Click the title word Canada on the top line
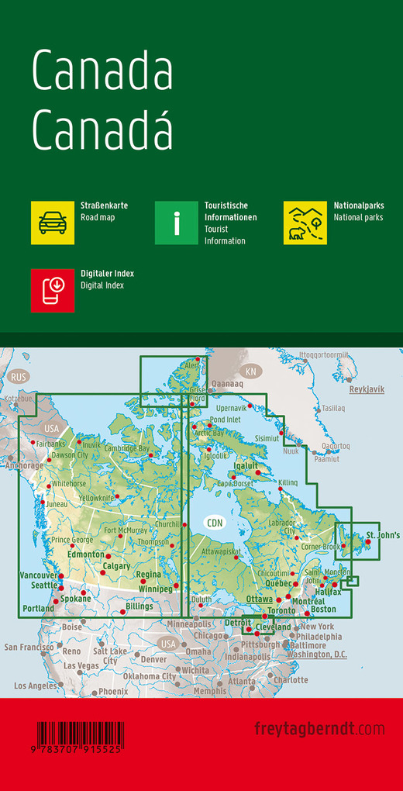[x=102, y=73]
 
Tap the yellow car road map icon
[x=53, y=223]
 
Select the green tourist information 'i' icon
[x=177, y=223]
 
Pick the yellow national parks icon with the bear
[x=305, y=223]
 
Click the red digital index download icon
[x=53, y=290]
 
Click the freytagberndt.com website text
[x=319, y=728]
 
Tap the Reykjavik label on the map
[x=367, y=389]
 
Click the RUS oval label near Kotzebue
[x=18, y=377]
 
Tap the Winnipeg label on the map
[x=154, y=589]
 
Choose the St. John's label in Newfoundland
[x=383, y=535]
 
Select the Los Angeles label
[x=36, y=686]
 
